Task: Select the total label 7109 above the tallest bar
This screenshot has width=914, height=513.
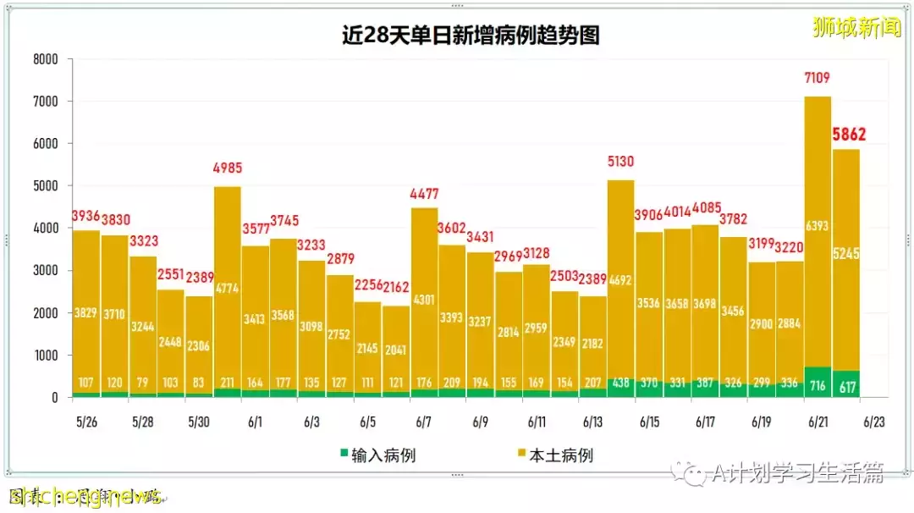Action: [817, 79]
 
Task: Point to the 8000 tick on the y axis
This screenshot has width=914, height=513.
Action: [45, 59]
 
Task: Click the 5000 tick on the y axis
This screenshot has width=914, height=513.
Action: [45, 186]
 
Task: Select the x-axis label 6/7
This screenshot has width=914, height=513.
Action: [424, 422]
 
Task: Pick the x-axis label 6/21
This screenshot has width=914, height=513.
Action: [817, 422]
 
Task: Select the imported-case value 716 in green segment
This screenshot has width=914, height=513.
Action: [818, 385]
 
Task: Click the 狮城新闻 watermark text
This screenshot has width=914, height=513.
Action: [856, 29]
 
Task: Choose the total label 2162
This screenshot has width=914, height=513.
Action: [396, 287]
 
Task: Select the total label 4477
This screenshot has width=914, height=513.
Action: [424, 196]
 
